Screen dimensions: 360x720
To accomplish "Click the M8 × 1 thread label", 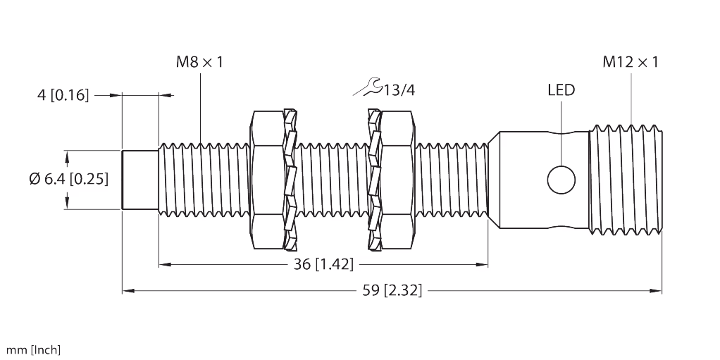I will (199, 63).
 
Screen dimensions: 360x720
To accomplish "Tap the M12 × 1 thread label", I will (630, 63).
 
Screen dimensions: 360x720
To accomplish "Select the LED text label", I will (561, 90).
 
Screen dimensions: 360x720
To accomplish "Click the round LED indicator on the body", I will (561, 179).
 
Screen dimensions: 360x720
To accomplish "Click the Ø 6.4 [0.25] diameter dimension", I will (68, 180).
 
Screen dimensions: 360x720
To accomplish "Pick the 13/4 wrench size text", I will (400, 89).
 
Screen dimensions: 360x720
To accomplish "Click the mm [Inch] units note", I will (33, 349).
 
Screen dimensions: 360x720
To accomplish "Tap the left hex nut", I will (267, 180).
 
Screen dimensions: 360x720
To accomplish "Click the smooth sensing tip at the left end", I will (140, 180).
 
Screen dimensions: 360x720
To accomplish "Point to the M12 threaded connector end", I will (625, 179).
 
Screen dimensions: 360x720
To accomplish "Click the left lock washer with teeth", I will (290, 180).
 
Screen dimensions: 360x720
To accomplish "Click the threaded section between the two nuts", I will (332, 180).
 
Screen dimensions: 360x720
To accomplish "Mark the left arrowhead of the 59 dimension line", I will (128, 290).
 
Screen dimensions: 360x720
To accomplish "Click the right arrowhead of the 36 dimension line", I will (483, 265).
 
